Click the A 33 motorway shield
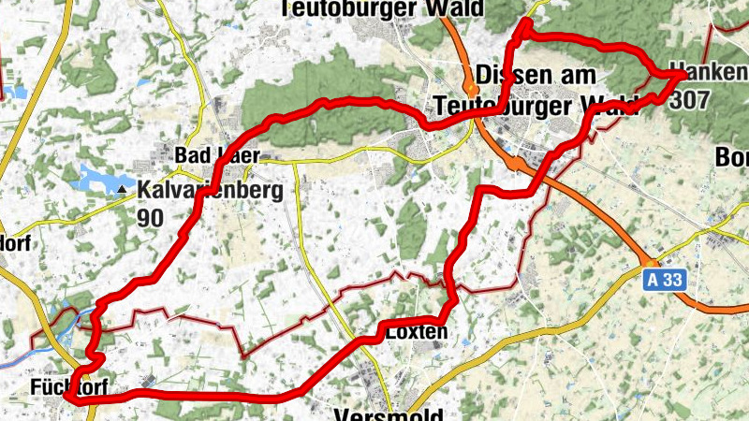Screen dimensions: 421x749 click(x=664, y=280)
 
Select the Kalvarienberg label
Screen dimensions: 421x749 click(x=210, y=189)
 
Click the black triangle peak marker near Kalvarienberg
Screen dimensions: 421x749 click(x=122, y=190)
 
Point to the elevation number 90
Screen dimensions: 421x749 click(x=150, y=218)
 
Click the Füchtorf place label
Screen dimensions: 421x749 click(x=37, y=386)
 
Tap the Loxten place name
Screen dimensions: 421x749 click(x=416, y=331)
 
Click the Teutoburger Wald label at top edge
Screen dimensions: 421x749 click(x=382, y=8)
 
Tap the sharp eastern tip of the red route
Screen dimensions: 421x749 click(x=681, y=74)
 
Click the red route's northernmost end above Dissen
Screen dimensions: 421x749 click(x=526, y=21)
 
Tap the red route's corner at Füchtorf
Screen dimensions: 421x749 click(x=71, y=398)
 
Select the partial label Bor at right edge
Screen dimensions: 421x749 click(x=732, y=155)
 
